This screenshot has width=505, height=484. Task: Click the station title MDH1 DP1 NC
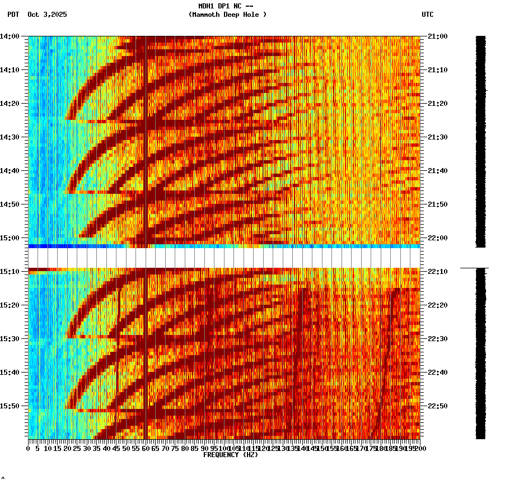[x=222, y=6]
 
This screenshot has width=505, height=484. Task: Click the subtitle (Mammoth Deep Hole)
[x=227, y=15]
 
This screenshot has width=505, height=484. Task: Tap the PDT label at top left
[x=13, y=15]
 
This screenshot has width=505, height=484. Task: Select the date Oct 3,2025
[x=47, y=15]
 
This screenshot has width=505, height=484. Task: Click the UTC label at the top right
[x=428, y=15]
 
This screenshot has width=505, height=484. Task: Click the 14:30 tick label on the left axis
[x=10, y=137]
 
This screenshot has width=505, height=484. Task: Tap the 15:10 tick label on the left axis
[x=10, y=272]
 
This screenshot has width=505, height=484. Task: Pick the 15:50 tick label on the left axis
[x=10, y=406]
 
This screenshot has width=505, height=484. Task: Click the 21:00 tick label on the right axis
[x=437, y=36]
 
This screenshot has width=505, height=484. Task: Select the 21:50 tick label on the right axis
[x=437, y=204]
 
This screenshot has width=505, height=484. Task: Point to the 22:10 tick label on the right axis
[x=437, y=272]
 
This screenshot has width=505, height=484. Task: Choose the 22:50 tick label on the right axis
[x=437, y=406]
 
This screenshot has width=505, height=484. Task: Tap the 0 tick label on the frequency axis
[x=29, y=449]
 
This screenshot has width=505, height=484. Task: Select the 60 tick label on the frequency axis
[x=146, y=449]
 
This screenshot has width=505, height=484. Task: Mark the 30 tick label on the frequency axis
[x=87, y=449]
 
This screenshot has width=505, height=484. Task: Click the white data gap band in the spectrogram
[x=224, y=258]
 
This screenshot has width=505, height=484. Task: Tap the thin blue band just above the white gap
[x=224, y=246]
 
